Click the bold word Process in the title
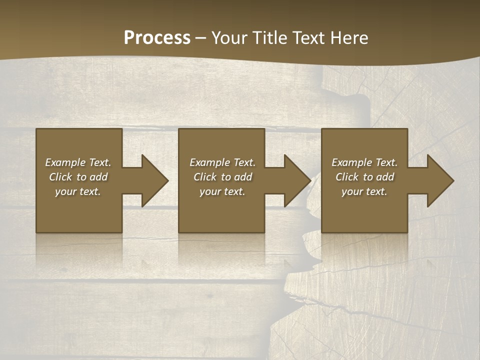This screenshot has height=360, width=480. click(x=157, y=38)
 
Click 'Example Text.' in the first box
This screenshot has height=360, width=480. click(x=78, y=162)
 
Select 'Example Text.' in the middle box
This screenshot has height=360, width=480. click(x=222, y=162)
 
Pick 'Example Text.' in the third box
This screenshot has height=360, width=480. click(x=364, y=162)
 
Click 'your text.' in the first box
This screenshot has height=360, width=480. click(x=78, y=191)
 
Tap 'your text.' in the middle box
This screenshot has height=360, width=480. click(x=222, y=191)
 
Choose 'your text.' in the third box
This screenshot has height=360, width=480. click(x=364, y=191)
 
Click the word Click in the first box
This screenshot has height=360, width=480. click(x=61, y=177)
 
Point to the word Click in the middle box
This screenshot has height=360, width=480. click(x=205, y=177)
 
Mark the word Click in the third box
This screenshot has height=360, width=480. click(x=347, y=177)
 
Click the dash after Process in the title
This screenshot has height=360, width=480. click(x=201, y=38)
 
